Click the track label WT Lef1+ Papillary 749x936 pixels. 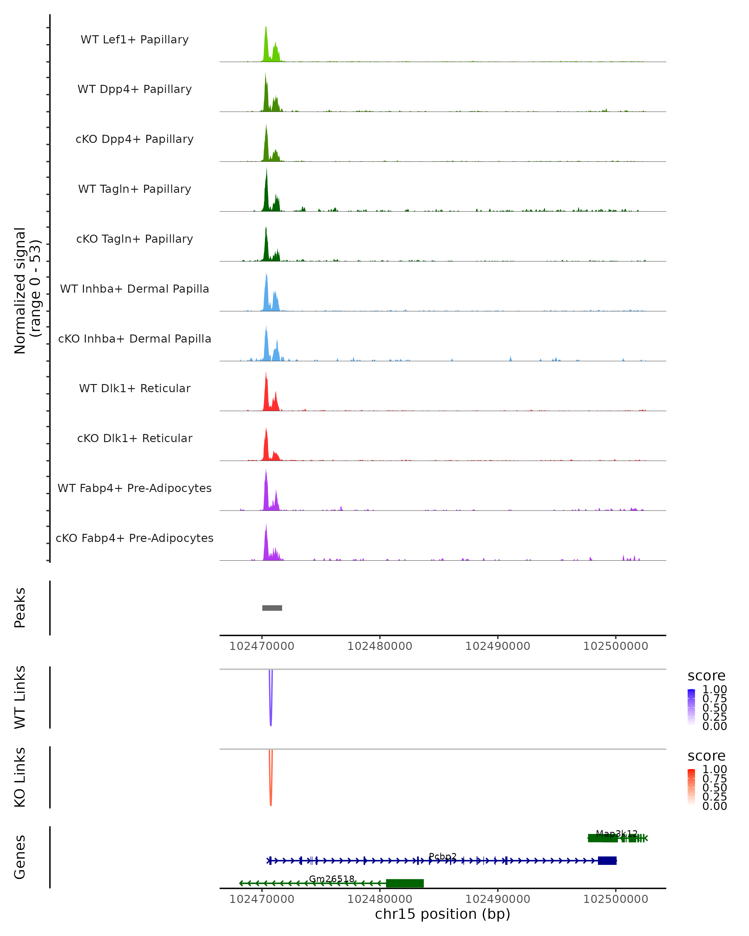(x=135, y=40)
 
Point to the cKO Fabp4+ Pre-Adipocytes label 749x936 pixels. (x=135, y=538)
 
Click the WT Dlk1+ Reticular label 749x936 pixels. (x=135, y=388)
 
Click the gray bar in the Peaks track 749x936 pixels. (x=272, y=608)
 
